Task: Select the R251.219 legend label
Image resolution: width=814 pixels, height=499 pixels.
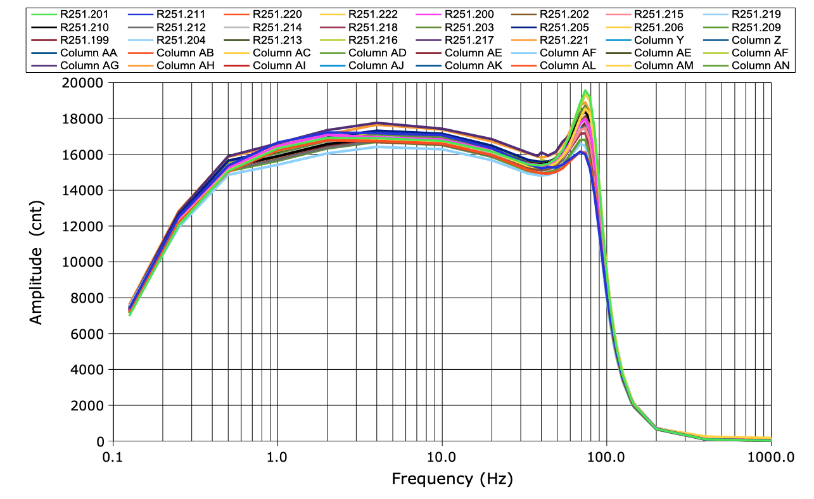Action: pos(756,14)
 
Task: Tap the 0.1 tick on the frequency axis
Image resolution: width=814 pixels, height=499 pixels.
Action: pos(113,456)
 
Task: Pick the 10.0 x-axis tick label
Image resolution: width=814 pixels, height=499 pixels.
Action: pos(442,456)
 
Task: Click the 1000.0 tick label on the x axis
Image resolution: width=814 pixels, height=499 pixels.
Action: pos(770,456)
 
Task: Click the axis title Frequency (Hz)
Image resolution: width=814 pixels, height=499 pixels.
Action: pos(452,478)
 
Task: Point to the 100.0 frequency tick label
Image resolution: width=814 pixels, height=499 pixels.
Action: pos(606,456)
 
